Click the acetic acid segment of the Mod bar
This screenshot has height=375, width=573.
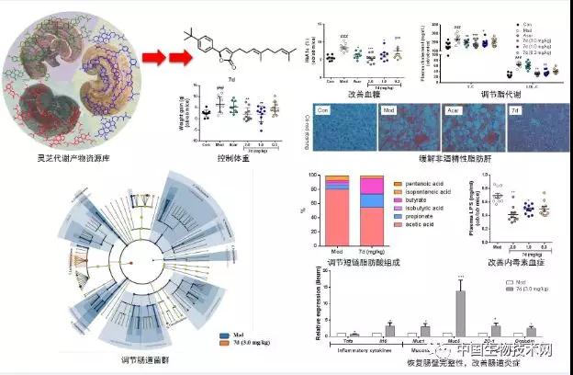pos(330,217)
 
